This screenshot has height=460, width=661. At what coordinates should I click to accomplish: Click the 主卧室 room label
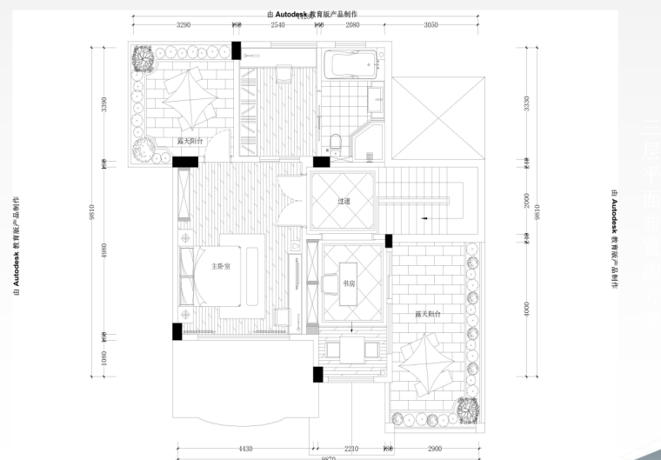[220, 266]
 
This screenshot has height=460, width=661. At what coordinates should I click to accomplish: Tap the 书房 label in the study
[349, 283]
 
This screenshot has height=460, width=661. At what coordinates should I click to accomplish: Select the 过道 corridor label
[344, 201]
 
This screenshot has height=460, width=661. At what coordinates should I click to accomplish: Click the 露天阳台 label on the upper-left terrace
[190, 140]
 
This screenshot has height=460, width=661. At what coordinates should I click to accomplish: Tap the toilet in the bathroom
[335, 142]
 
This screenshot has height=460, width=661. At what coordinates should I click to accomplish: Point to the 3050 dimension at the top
[431, 25]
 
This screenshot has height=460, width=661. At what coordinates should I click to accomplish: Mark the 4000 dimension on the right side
[525, 308]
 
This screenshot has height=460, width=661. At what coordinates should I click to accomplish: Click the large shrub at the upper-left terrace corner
[142, 58]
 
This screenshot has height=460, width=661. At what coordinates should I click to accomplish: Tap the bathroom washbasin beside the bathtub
[377, 97]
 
